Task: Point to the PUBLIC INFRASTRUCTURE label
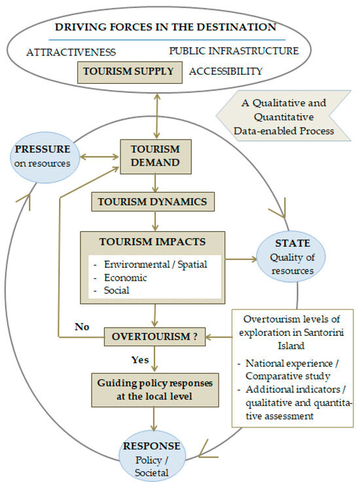tap(234, 50)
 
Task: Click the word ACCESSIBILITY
tap(226, 71)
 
